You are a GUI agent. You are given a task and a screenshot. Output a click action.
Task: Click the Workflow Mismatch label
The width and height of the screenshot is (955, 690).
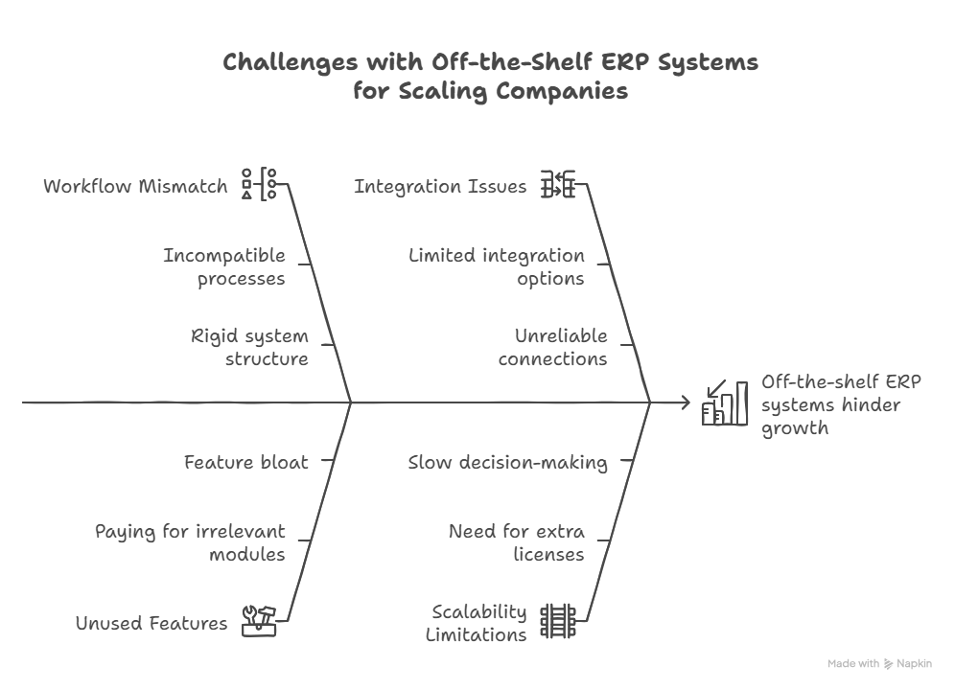135,186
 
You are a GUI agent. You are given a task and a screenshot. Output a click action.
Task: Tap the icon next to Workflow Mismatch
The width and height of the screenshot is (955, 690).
259,184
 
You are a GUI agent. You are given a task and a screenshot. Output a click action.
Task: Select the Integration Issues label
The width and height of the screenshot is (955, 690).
440,186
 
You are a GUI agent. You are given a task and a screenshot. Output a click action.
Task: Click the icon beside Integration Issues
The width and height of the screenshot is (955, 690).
558,184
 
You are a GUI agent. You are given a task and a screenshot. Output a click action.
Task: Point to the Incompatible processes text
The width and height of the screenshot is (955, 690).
224,266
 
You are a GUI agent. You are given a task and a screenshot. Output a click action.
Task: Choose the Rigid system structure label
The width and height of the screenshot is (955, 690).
249,347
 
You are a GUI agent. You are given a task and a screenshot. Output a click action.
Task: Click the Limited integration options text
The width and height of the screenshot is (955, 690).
497,266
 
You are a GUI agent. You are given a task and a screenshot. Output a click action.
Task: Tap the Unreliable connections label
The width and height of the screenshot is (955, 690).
553,347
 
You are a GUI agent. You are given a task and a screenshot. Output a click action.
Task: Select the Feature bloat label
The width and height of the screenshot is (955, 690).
246,462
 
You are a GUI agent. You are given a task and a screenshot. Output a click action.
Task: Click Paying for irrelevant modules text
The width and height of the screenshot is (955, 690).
190,542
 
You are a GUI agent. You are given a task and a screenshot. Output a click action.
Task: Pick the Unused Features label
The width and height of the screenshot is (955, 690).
151,623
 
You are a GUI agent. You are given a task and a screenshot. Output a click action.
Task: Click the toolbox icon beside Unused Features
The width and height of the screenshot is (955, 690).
259,621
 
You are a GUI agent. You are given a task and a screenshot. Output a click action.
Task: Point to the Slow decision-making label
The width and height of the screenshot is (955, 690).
508,462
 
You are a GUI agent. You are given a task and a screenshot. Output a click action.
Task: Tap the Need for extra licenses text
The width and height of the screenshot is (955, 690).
517,542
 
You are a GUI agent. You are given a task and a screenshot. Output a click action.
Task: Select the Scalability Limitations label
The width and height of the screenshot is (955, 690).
477,623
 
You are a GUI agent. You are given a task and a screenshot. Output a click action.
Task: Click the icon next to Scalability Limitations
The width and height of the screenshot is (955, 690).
558,621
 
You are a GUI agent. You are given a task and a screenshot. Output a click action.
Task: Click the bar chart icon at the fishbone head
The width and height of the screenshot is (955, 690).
725,402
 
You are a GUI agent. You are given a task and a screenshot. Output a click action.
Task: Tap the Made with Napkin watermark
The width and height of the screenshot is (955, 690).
879,663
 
